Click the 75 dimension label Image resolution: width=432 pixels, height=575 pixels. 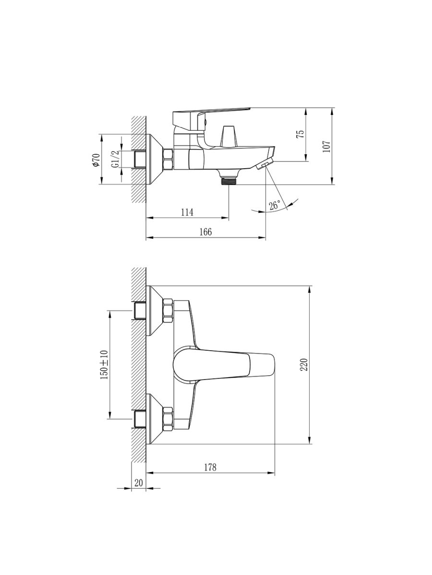(301, 133)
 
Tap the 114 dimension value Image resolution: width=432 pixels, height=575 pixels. (187, 212)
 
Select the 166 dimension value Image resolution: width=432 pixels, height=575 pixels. (205, 232)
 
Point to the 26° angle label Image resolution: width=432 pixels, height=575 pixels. (275, 205)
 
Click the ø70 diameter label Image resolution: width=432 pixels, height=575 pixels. (96, 160)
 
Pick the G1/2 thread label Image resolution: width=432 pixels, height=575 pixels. (115, 159)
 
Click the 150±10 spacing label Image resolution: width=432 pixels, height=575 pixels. (104, 364)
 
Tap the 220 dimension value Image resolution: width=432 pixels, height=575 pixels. (304, 364)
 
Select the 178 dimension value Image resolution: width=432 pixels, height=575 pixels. (210, 467)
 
